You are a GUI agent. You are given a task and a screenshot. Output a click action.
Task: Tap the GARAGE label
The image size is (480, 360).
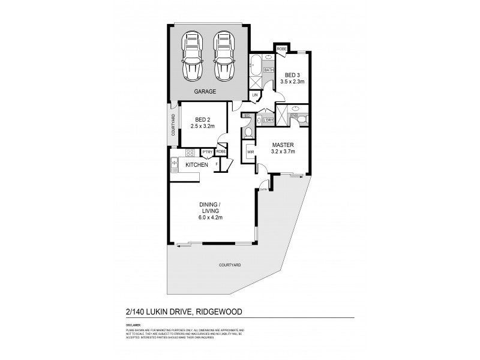coord(205,92)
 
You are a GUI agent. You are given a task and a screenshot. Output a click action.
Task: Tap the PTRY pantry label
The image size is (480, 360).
coord(208,152)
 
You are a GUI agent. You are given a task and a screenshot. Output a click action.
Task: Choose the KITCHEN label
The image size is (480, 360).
coord(196,164)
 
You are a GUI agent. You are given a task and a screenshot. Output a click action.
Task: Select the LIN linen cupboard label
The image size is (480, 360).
coord(256,95)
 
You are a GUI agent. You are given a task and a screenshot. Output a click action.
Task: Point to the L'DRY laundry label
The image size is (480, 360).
coord(267,119)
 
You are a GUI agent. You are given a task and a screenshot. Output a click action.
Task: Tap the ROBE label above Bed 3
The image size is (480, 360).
coord(281,48)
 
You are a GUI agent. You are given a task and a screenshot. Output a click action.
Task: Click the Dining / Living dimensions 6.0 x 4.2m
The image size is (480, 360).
coord(211,218)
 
